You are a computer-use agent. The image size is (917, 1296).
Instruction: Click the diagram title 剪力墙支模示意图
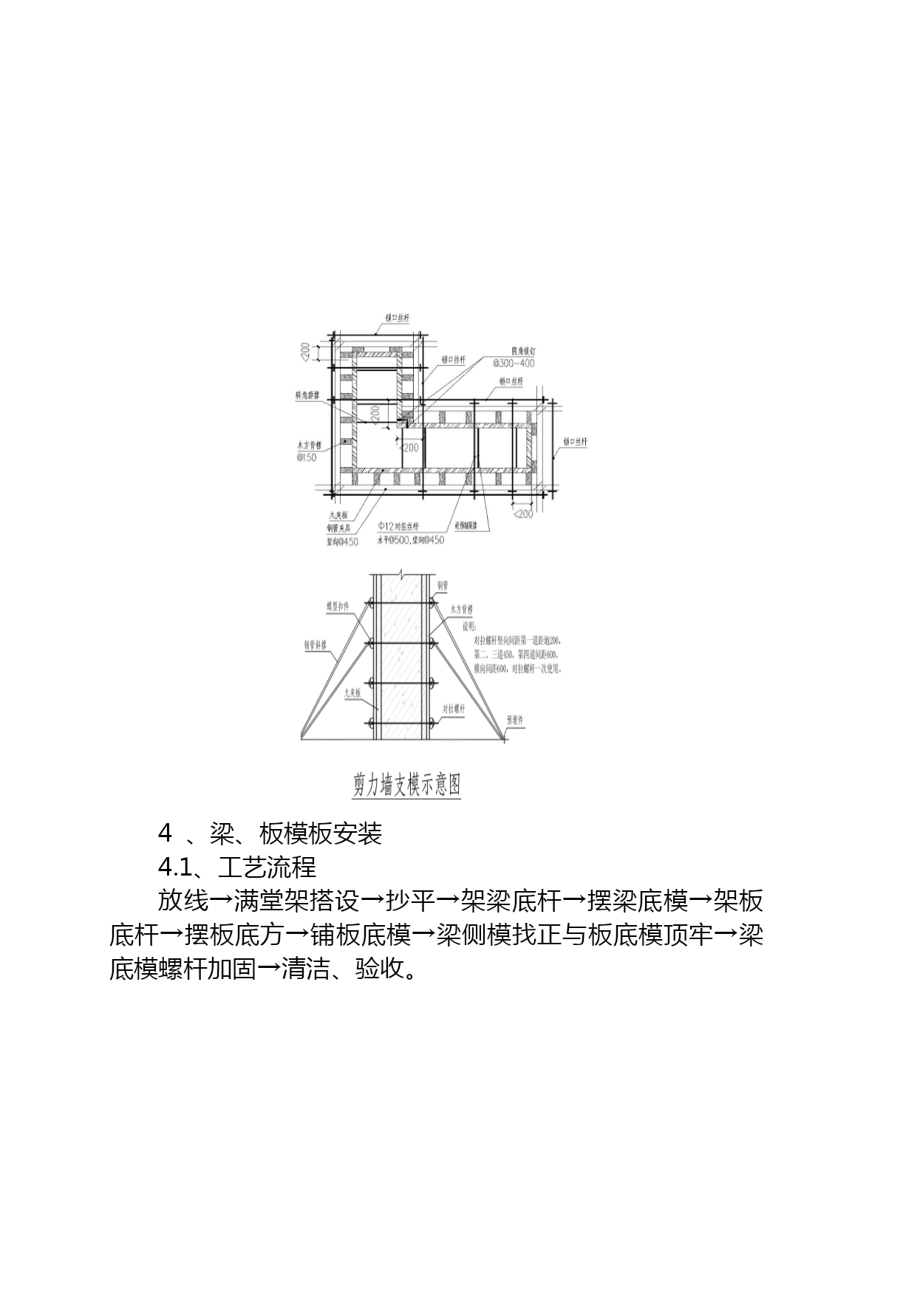pos(407,784)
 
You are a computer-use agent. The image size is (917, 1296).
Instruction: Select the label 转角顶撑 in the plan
pos(307,396)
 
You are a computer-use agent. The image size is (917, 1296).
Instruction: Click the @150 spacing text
pos(307,457)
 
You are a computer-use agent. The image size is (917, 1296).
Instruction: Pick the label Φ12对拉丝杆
pos(398,526)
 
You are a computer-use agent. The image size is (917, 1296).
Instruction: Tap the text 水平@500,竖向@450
pos(411,540)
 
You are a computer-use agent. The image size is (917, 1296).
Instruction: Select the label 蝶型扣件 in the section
pos(338,607)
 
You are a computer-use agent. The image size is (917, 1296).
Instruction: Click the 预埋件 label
pos(515,719)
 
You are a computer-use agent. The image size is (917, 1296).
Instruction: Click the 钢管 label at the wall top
pos(442,585)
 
